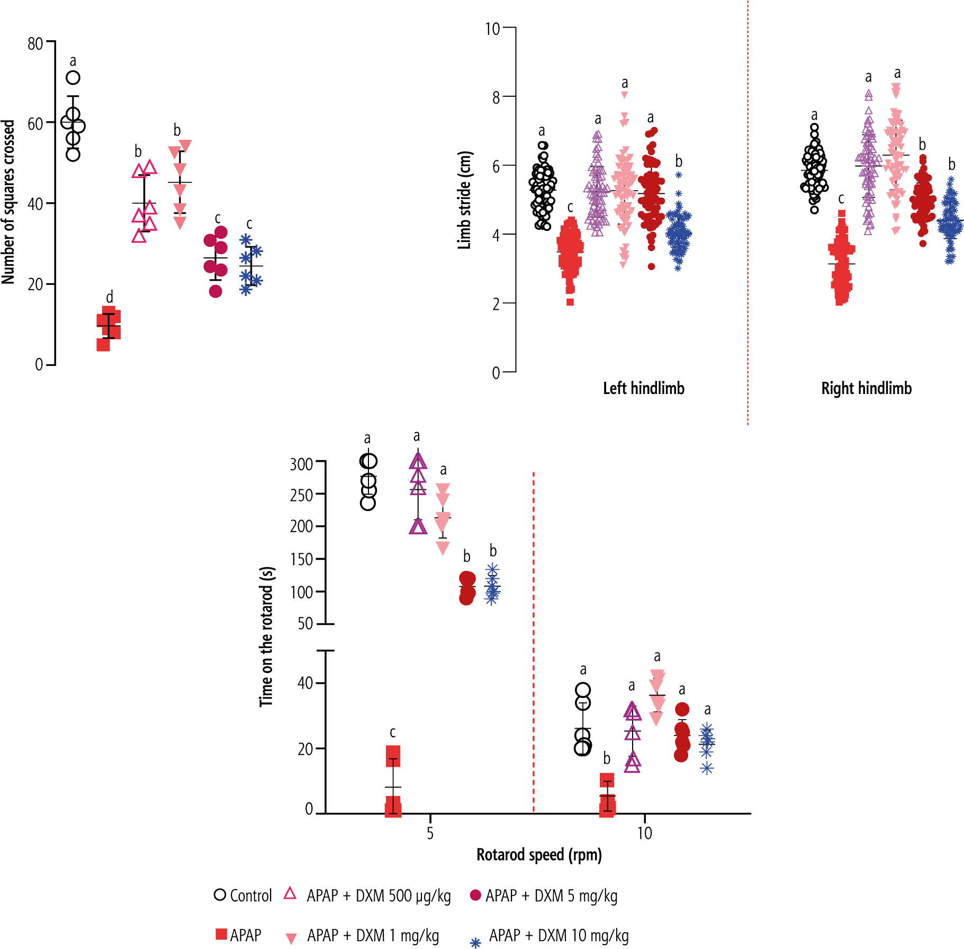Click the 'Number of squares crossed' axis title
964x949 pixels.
point(8,202)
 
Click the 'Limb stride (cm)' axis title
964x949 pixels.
point(464,200)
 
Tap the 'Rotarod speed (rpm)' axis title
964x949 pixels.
point(539,855)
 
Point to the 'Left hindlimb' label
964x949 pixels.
point(643,388)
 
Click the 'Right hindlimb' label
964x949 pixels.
point(866,388)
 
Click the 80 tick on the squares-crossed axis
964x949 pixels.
point(35,43)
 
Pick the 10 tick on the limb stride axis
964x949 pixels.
point(492,29)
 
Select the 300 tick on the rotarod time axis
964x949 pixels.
point(301,464)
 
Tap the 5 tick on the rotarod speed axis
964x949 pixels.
point(430,833)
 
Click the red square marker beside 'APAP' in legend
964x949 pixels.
point(221,934)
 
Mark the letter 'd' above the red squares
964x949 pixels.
point(110,297)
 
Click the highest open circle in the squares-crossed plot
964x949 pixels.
point(73,78)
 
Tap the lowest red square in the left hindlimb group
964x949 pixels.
point(570,302)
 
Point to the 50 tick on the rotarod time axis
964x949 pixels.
point(305,624)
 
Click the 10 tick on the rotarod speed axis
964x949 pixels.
point(644,833)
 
